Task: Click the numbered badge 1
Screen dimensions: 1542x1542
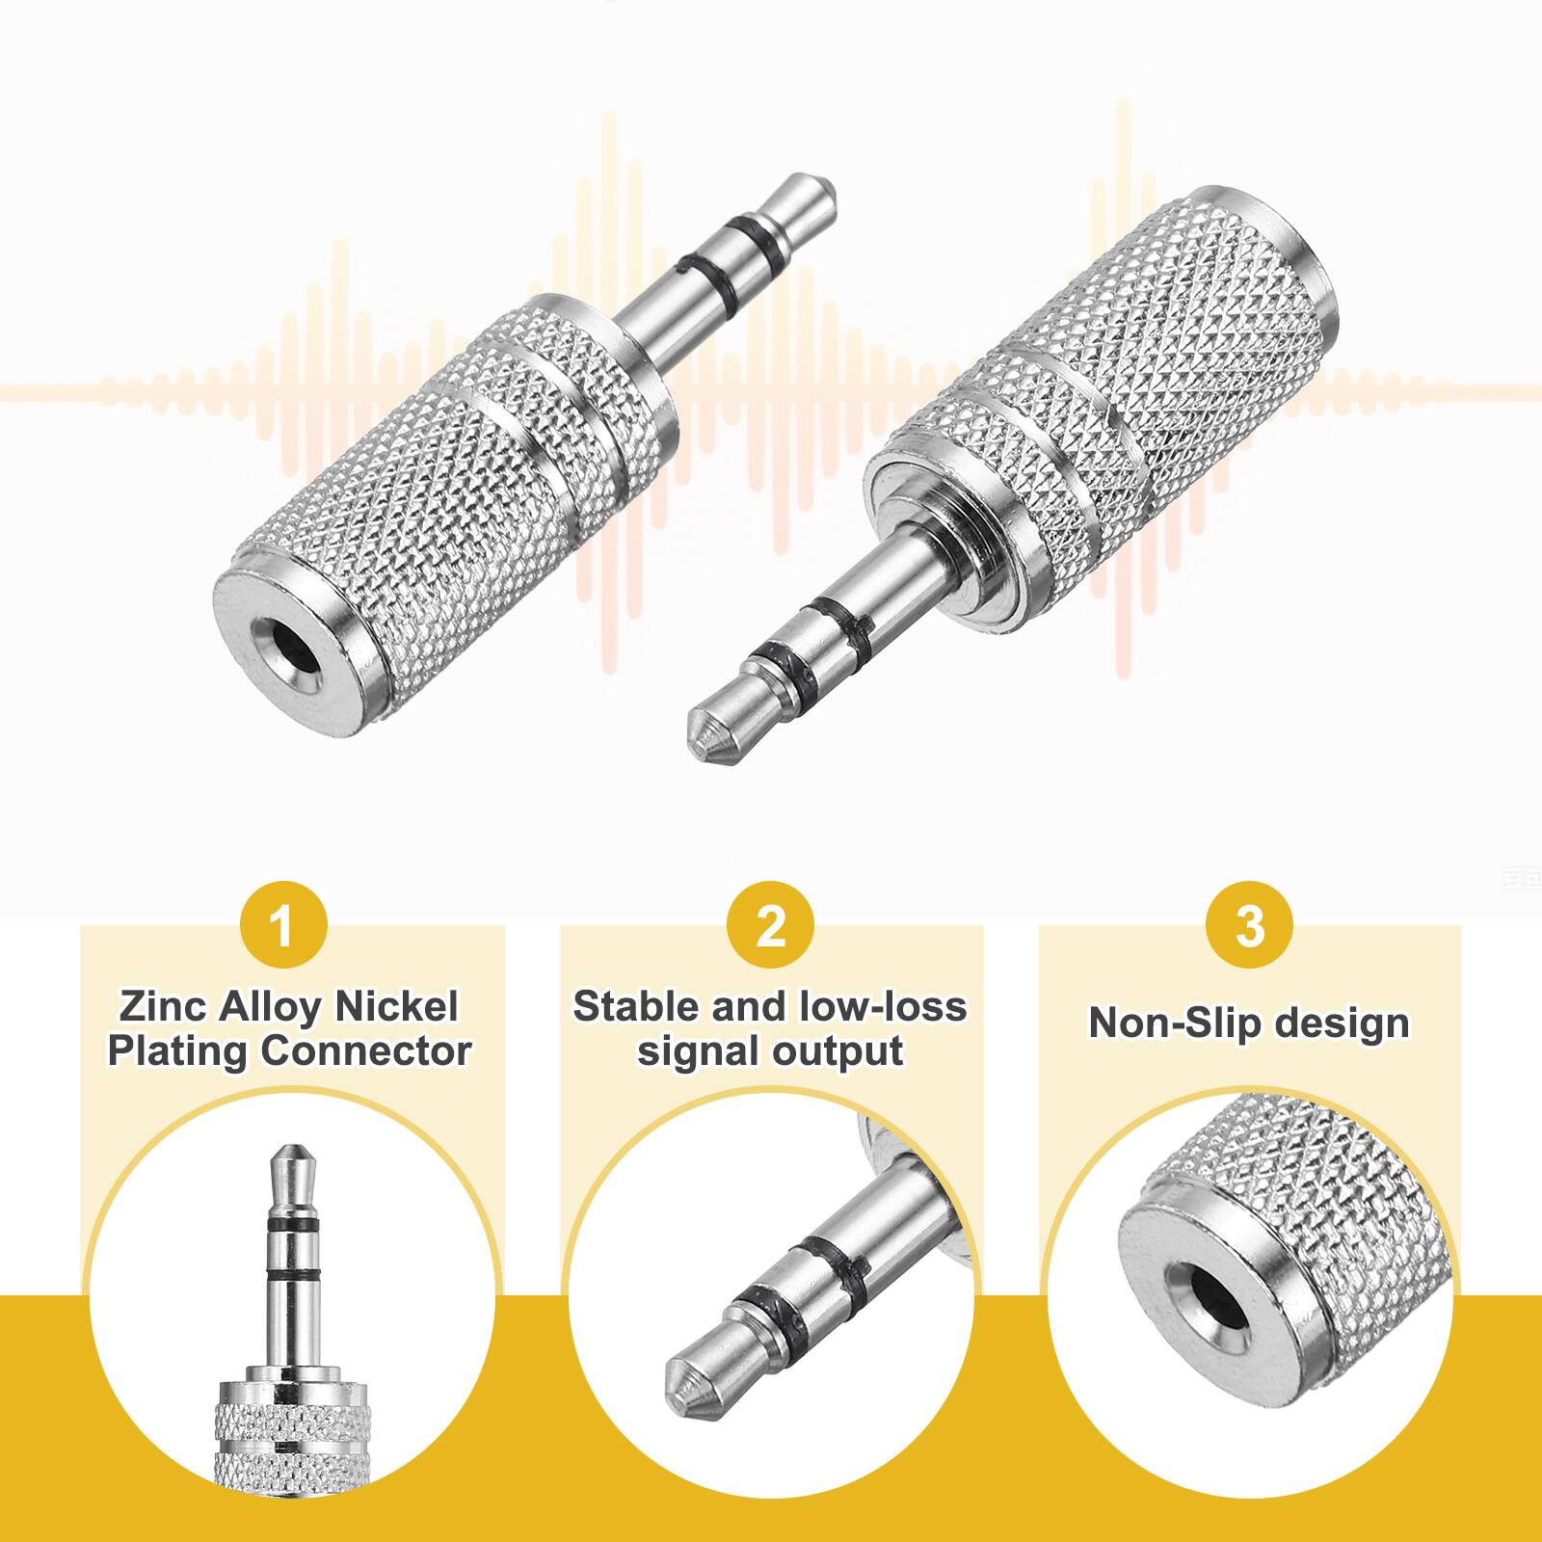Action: (281, 926)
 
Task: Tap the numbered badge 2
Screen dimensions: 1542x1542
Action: (770, 926)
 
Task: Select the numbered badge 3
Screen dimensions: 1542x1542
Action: (1249, 926)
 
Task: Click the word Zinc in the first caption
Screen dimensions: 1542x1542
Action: (163, 1007)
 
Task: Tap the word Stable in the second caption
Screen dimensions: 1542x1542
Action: (636, 1007)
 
